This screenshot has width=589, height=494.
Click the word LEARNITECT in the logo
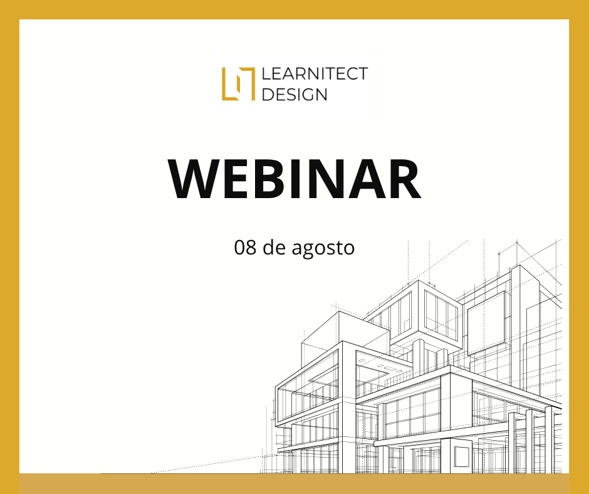pos(315,74)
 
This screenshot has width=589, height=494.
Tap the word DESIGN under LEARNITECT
pos(294,95)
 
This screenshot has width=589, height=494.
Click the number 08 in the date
pos(245,248)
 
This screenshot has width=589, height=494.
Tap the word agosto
pos(323,250)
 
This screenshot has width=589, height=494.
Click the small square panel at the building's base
pos(462,456)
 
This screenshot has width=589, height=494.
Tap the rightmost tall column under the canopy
pos(549,440)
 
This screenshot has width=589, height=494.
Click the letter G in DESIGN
pos(305,95)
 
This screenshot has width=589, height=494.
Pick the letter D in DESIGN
pos(268,95)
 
